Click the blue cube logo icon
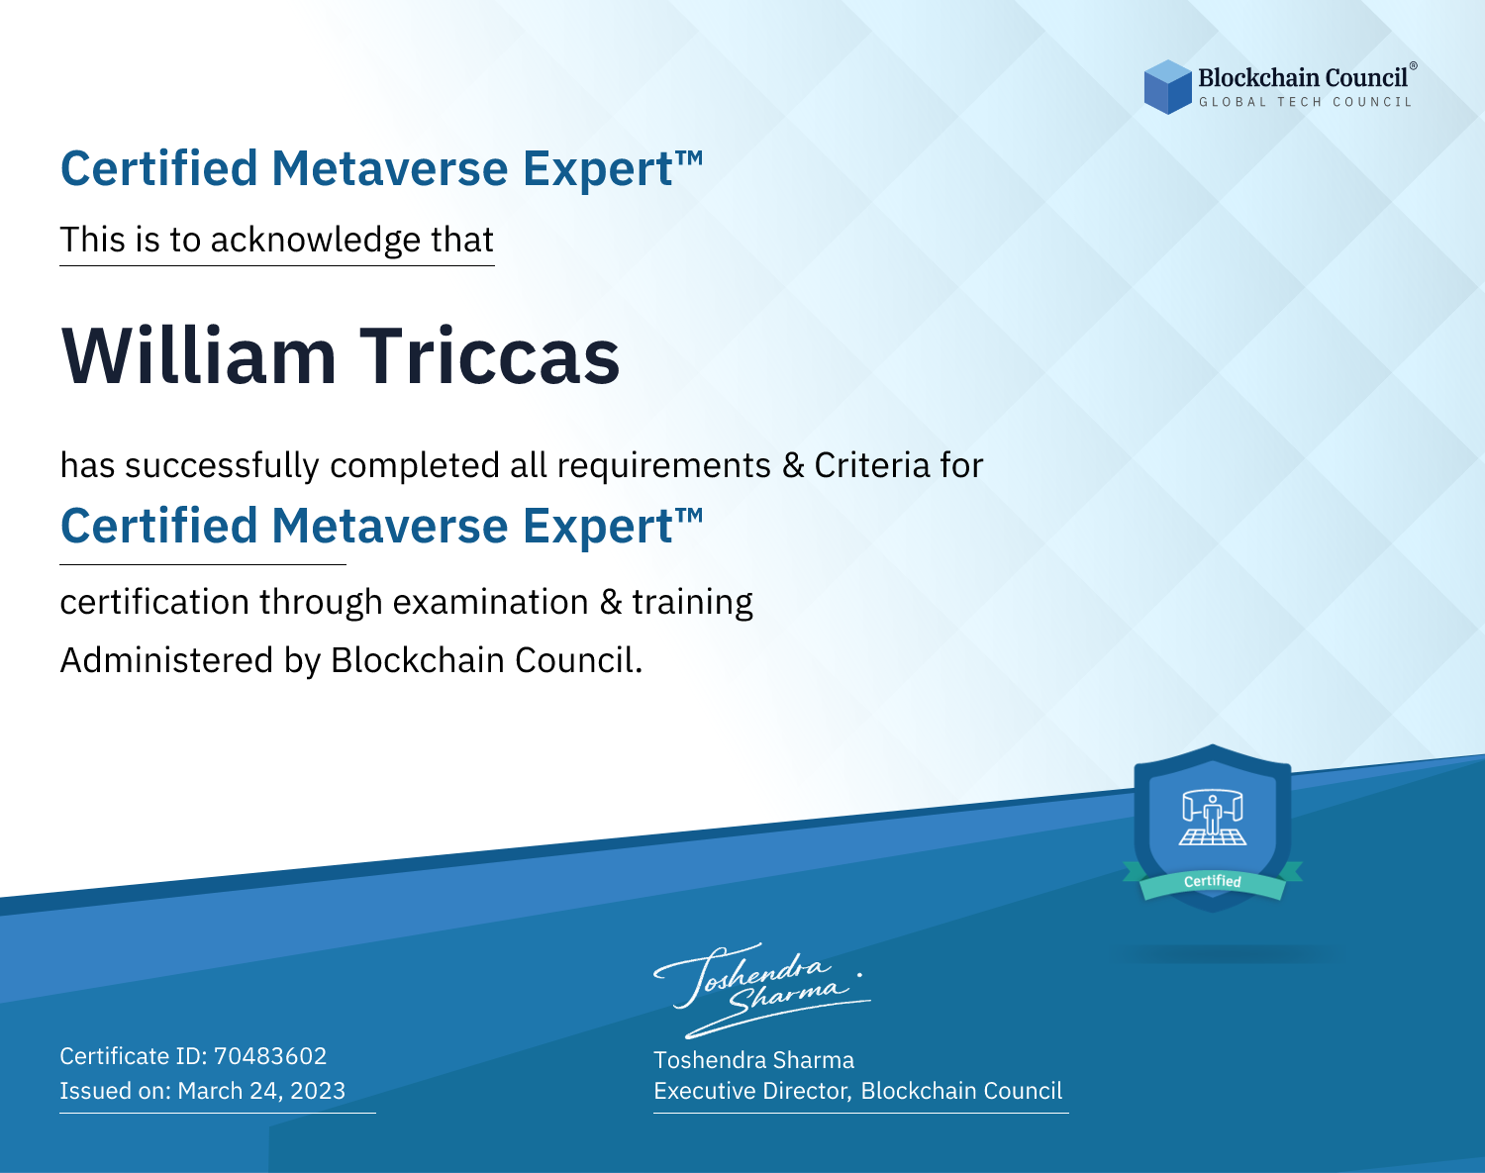pos(1167,87)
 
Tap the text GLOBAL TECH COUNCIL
pos(1306,102)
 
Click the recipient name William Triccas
pos(341,356)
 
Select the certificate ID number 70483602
pos(270,1055)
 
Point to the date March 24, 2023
pos(261,1090)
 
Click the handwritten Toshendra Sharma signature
pos(761,991)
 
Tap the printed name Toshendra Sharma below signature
pos(753,1060)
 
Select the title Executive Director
pos(752,1091)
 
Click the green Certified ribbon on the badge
pos(1213,882)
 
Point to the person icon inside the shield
pos(1213,815)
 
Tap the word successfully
pos(222,465)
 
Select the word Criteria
pos(872,465)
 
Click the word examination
pos(491,602)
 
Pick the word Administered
pos(166,659)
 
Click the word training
pos(692,602)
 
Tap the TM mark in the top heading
pos(689,158)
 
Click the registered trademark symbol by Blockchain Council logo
pos(1413,65)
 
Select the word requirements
pos(664,466)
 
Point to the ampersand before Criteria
pos(793,465)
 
